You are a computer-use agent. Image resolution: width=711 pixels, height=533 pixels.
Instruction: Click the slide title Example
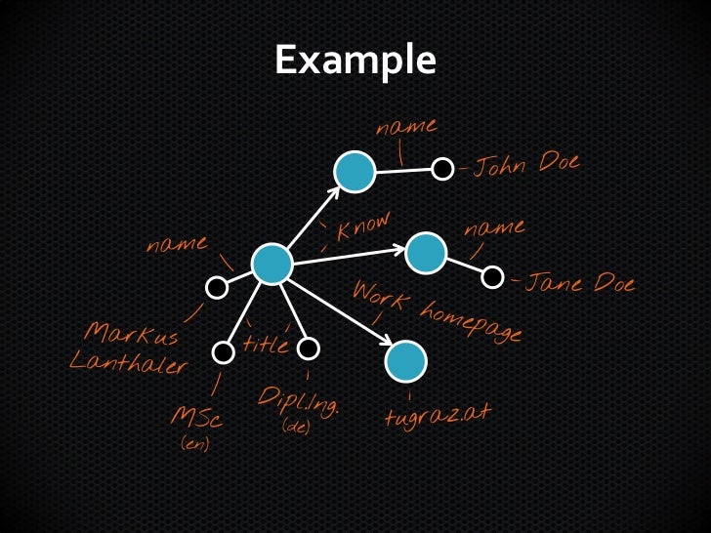(x=355, y=61)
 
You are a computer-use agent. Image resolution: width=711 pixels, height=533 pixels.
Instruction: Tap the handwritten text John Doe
(x=526, y=166)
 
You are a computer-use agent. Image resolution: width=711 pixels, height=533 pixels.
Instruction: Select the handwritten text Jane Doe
(x=580, y=284)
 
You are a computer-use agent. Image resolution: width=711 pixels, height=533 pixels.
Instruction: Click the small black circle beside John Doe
(x=442, y=169)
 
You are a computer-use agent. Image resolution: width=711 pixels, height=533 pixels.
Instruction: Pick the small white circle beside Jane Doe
(x=493, y=277)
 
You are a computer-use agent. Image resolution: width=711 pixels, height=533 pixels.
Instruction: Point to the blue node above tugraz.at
(x=405, y=362)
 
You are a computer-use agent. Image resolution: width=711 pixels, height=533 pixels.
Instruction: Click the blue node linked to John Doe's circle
(x=355, y=172)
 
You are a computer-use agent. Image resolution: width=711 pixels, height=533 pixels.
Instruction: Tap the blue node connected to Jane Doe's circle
(x=426, y=253)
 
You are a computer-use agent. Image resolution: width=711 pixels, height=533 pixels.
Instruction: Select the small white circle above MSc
(x=223, y=351)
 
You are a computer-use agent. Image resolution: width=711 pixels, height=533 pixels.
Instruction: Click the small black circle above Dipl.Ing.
(x=309, y=348)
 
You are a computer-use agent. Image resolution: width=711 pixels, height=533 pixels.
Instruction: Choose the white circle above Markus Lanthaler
(x=217, y=287)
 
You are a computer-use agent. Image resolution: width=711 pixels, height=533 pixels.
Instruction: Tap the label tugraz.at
(x=437, y=415)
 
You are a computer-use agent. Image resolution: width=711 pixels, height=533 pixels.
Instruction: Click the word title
(x=266, y=345)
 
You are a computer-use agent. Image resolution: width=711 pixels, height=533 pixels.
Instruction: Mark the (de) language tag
(x=295, y=427)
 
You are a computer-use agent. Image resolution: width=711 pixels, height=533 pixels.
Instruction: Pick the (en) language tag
(x=195, y=444)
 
